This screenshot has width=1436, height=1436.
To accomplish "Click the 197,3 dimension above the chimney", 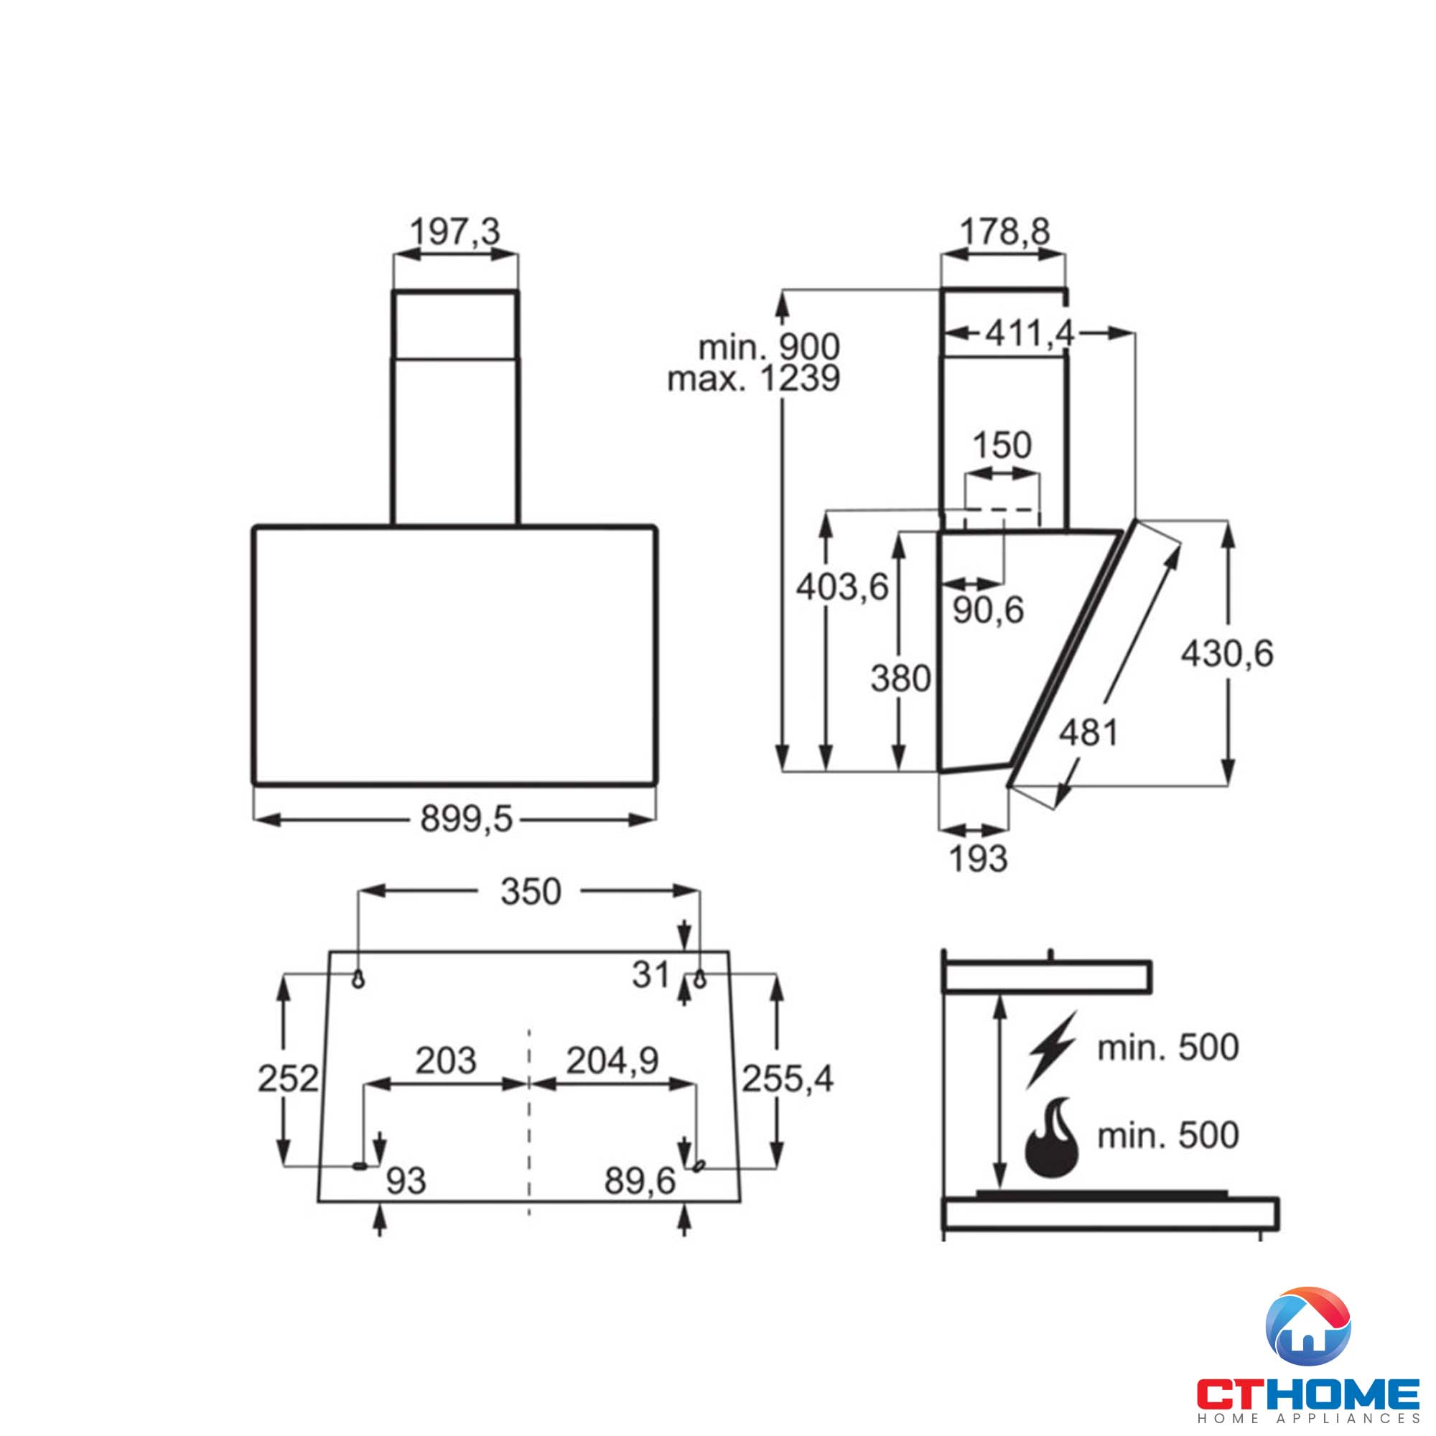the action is (456, 231).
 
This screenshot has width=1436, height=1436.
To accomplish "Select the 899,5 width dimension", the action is (466, 819).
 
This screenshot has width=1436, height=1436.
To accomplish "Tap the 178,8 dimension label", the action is (1005, 231).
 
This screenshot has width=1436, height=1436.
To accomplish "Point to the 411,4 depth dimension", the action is (1030, 334).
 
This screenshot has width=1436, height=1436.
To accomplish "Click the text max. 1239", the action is (754, 379).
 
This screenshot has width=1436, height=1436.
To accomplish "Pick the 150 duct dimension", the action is (1002, 445).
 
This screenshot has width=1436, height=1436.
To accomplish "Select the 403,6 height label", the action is (842, 587).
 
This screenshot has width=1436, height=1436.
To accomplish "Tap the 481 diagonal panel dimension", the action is (1088, 733).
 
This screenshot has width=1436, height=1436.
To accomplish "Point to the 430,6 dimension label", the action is (1227, 653).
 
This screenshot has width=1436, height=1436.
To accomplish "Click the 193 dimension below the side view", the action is (978, 859).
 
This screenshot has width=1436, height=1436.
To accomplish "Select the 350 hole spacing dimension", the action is (531, 891).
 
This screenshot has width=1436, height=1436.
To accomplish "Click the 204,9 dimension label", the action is (612, 1060).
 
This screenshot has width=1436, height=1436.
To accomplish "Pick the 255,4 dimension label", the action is (788, 1078).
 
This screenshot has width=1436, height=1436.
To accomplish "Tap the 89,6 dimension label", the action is (640, 1180).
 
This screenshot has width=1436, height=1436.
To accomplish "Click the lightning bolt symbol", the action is (1052, 1049).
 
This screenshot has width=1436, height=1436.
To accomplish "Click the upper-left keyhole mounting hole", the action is (358, 979).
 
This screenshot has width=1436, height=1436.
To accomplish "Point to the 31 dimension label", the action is (651, 974).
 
